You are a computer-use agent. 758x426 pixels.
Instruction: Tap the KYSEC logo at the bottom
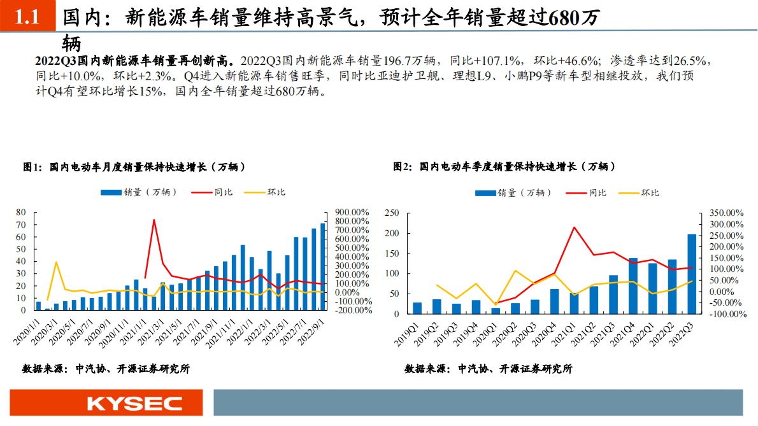pos(134,403)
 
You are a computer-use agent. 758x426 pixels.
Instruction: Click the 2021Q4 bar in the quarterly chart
pos(633,286)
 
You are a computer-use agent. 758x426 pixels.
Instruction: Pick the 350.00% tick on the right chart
pos(725,213)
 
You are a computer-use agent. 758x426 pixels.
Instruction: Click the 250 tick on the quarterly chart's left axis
pos(392,213)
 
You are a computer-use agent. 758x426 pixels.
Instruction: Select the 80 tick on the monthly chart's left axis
pos(20,213)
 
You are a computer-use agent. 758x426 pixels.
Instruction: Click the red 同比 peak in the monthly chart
pos(154,220)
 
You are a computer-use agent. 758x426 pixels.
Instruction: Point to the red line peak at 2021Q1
pos(575,227)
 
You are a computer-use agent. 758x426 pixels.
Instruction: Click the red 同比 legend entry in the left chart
pos(214,192)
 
